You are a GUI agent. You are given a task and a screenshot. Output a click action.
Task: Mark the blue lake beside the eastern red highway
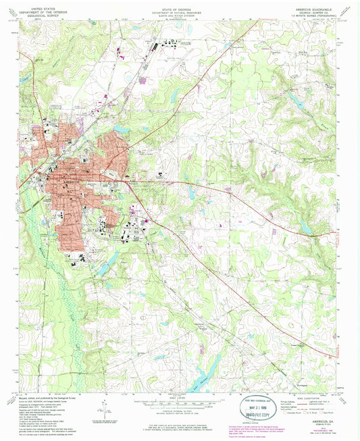click(x=305, y=230)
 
